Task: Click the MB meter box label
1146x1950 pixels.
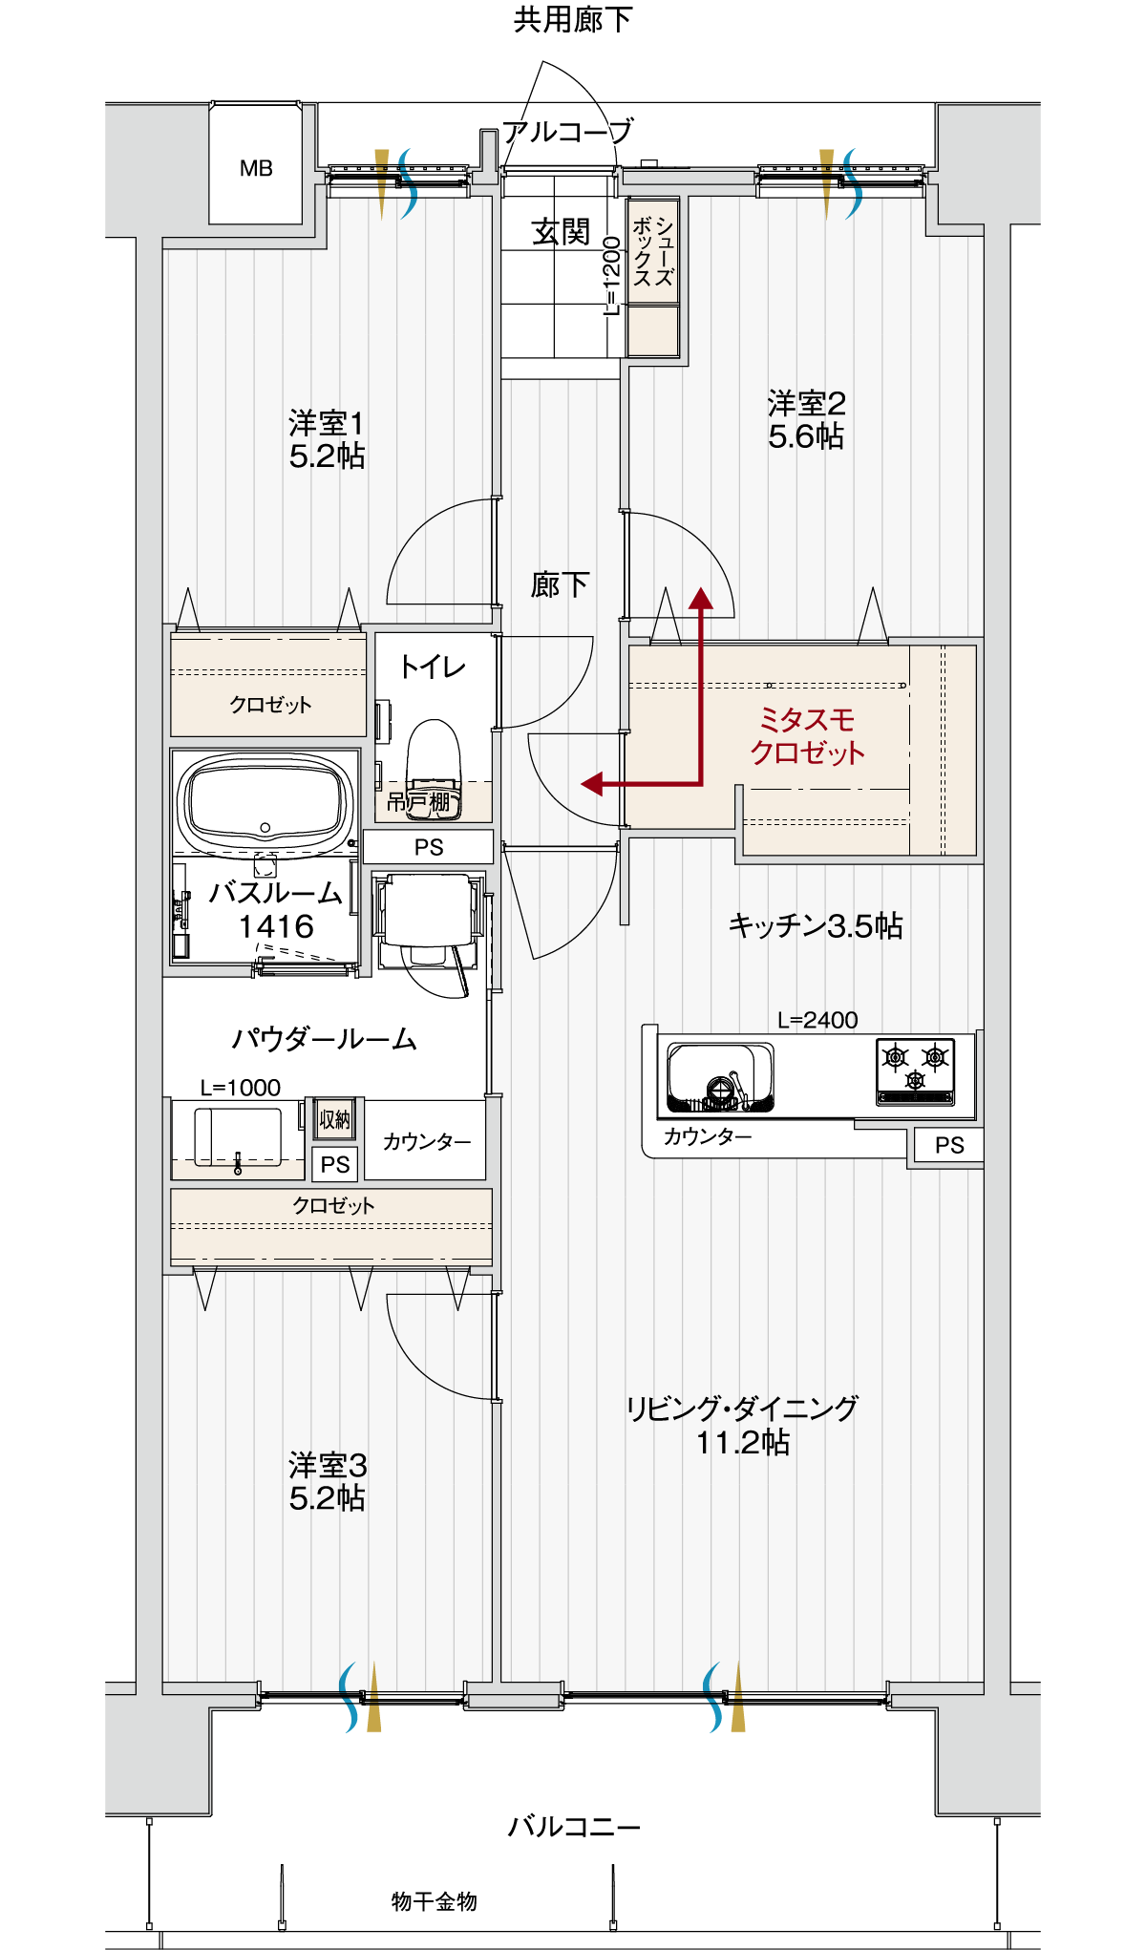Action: [256, 169]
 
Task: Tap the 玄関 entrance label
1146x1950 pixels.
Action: [561, 232]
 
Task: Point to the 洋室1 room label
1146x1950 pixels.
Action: [326, 422]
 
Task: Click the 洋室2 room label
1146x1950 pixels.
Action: [806, 403]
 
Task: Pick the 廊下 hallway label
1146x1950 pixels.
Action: [560, 584]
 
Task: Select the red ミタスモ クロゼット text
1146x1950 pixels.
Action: [807, 735]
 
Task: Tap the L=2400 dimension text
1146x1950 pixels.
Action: [817, 1020]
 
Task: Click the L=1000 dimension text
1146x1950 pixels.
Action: [241, 1088]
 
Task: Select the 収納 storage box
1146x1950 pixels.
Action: [334, 1119]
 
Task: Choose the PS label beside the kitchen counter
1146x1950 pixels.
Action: [949, 1145]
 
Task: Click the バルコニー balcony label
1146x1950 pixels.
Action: [574, 1827]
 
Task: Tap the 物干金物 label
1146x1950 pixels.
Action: [435, 1901]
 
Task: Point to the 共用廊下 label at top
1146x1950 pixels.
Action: [572, 19]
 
